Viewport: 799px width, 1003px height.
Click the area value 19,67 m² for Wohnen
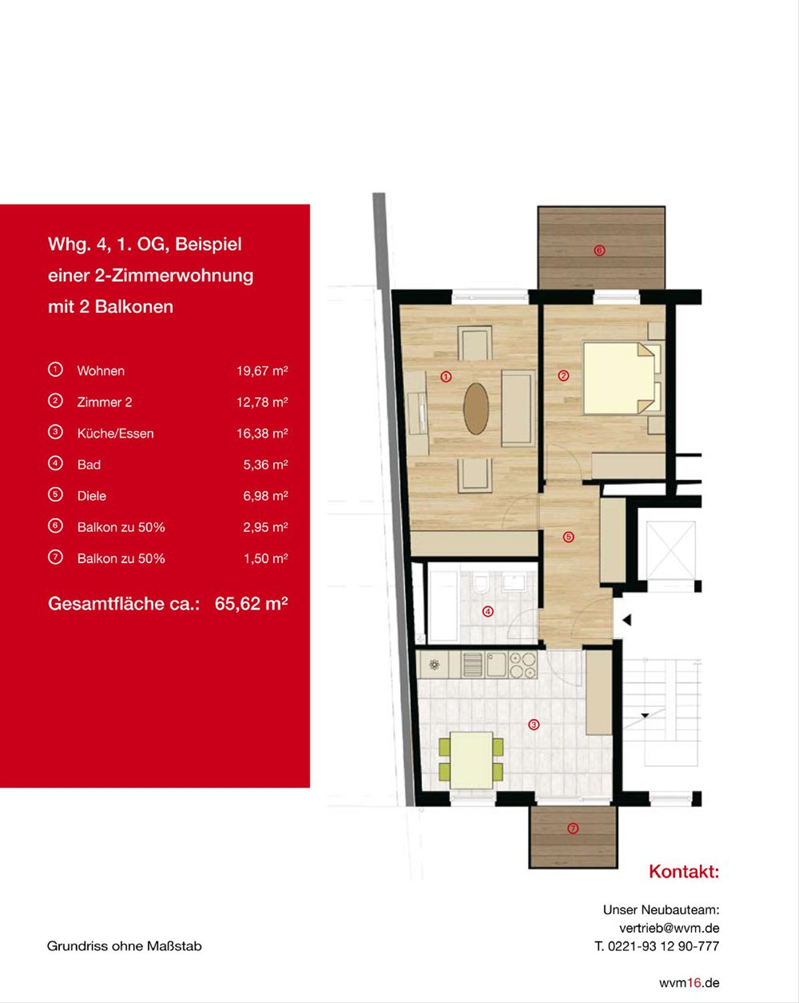[262, 371]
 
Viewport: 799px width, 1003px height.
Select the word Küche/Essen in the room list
[115, 433]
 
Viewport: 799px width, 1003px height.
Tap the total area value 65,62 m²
[252, 604]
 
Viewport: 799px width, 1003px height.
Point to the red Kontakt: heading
[684, 872]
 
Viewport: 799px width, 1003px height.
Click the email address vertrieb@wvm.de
[669, 928]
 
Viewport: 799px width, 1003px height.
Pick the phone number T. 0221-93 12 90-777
[657, 946]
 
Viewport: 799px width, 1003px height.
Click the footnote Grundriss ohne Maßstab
[125, 946]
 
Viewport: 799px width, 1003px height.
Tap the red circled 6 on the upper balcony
[599, 251]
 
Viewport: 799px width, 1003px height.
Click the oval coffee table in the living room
[476, 409]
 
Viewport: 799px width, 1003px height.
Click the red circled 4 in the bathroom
[488, 612]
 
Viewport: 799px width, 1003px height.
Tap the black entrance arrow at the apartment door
[627, 620]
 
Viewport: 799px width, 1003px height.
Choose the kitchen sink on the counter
[496, 664]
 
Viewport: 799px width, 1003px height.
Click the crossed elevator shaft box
[670, 551]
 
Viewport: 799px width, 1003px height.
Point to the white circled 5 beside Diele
[55, 495]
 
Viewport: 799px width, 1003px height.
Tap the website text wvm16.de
[689, 983]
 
